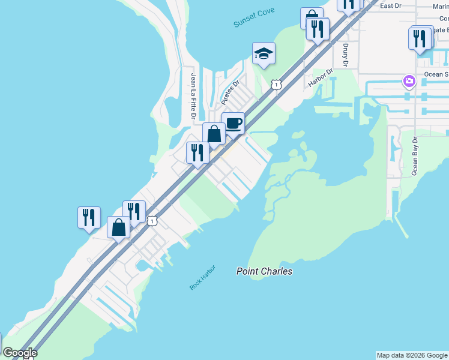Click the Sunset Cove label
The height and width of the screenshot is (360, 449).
pyautogui.click(x=253, y=19)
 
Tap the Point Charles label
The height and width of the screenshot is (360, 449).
pyautogui.click(x=264, y=271)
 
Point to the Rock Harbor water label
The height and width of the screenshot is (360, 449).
pyautogui.click(x=202, y=277)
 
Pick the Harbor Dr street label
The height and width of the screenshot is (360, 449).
pyautogui.click(x=320, y=77)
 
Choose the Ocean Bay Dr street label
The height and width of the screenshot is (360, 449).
pyautogui.click(x=414, y=155)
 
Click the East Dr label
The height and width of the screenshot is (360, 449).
pyautogui.click(x=407, y=5)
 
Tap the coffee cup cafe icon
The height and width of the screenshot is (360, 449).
pyautogui.click(x=234, y=124)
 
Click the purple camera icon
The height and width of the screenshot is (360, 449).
pyautogui.click(x=409, y=80)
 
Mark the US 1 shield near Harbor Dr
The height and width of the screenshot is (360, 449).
pyautogui.click(x=276, y=85)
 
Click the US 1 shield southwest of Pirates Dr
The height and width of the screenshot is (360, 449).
pyautogui.click(x=152, y=221)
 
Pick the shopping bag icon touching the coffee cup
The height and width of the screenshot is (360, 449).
pyautogui.click(x=214, y=134)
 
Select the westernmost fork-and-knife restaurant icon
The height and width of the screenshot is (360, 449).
pyautogui.click(x=89, y=217)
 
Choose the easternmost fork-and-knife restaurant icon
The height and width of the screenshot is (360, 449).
pyautogui.click(x=421, y=38)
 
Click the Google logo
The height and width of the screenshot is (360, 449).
pyautogui.click(x=20, y=353)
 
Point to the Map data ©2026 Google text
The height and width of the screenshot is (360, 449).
pyautogui.click(x=412, y=355)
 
